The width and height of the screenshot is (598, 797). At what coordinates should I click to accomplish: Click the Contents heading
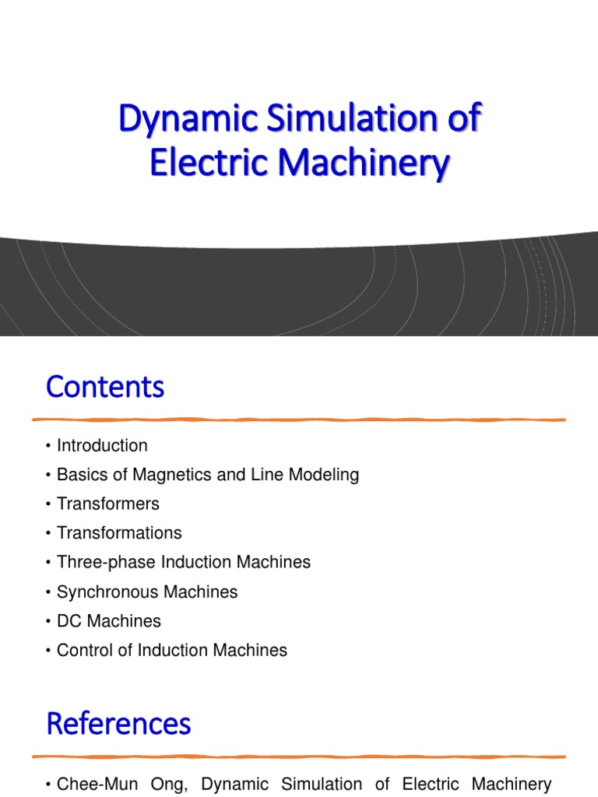(x=105, y=387)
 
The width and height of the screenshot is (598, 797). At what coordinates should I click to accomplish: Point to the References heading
(x=118, y=724)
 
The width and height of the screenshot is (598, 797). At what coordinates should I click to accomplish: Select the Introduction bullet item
(x=102, y=446)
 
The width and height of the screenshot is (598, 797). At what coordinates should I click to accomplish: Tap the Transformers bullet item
(x=107, y=504)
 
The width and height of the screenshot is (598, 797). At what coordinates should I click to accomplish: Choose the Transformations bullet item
(x=119, y=533)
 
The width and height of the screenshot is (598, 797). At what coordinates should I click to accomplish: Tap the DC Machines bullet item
(x=109, y=621)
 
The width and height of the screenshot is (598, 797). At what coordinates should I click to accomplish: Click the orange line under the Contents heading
(x=299, y=420)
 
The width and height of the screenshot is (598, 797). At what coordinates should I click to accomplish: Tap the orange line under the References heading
(x=299, y=757)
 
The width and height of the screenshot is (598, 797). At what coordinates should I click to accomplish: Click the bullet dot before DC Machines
(x=48, y=621)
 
